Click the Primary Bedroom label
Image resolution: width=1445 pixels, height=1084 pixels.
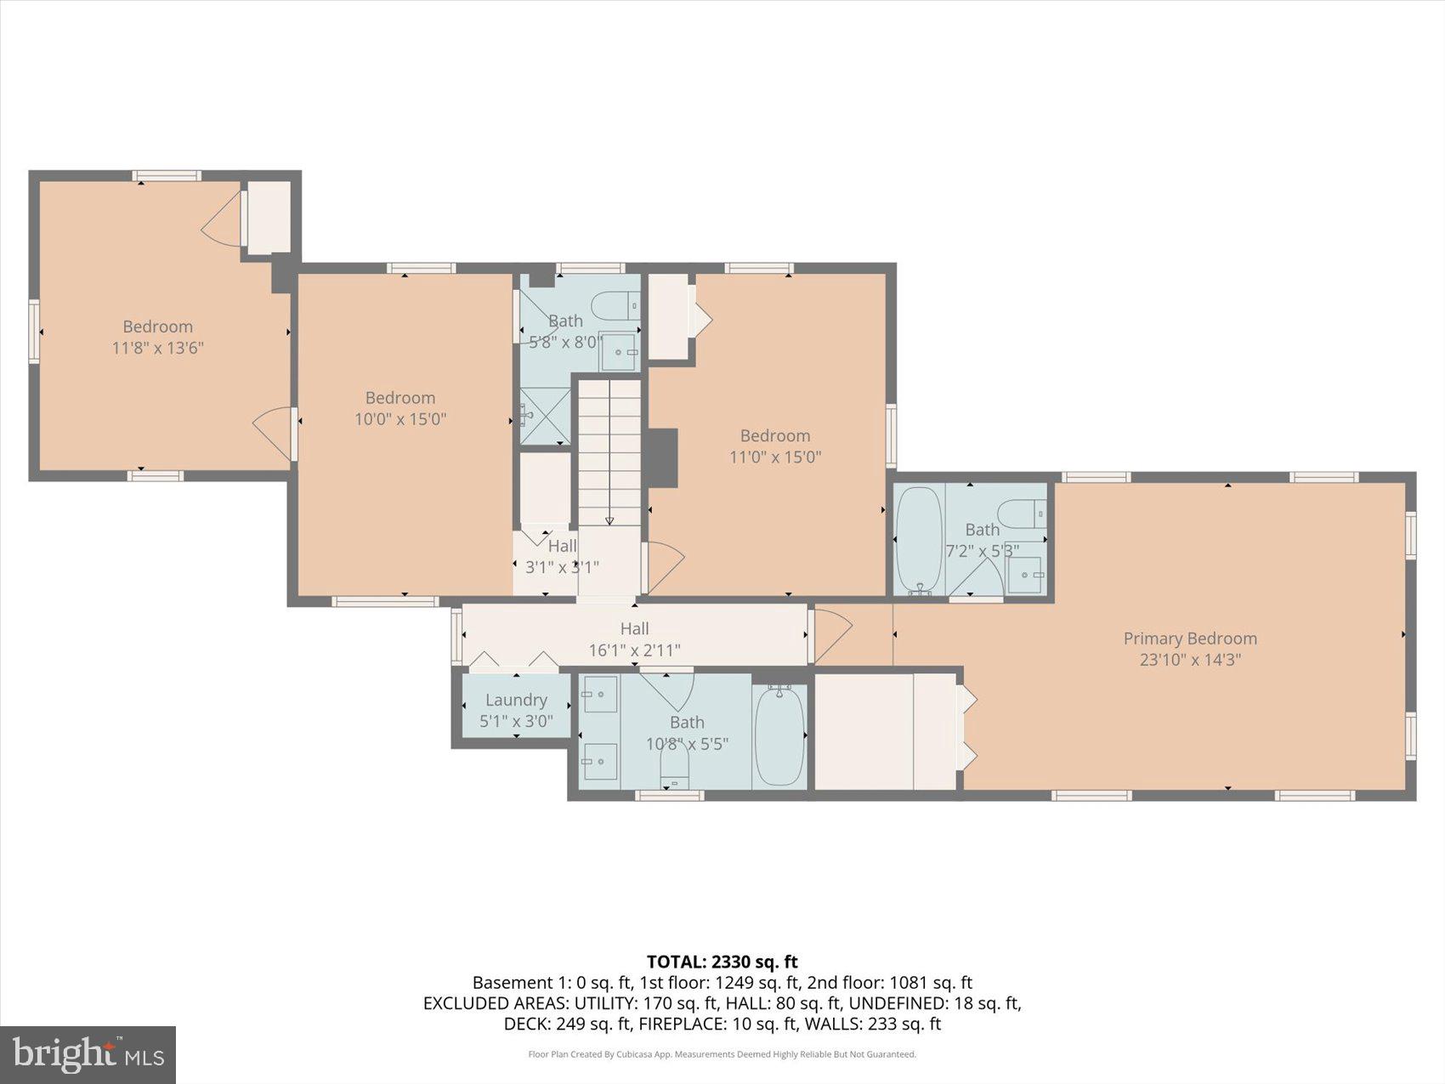click(x=1190, y=638)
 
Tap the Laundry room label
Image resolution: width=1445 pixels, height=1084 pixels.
click(x=516, y=700)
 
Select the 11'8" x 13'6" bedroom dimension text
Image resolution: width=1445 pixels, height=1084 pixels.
click(x=158, y=348)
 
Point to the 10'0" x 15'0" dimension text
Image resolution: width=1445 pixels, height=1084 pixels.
click(x=400, y=419)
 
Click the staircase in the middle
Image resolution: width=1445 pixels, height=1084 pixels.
click(x=609, y=451)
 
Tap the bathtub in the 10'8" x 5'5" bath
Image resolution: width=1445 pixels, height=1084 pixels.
click(x=779, y=736)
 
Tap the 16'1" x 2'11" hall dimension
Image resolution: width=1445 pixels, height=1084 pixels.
click(x=635, y=650)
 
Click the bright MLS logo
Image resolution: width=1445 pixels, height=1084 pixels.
click(x=88, y=1054)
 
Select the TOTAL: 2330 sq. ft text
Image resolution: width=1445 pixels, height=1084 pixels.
click(x=722, y=962)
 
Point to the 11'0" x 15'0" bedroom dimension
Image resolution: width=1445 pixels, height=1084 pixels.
click(x=775, y=457)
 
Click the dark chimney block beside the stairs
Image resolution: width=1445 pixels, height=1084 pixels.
click(x=663, y=457)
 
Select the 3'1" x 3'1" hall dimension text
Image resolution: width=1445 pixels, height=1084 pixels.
click(x=562, y=567)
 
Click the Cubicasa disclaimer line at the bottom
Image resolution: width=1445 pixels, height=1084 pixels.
click(x=722, y=1054)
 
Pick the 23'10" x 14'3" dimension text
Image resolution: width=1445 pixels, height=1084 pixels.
click(x=1190, y=660)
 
